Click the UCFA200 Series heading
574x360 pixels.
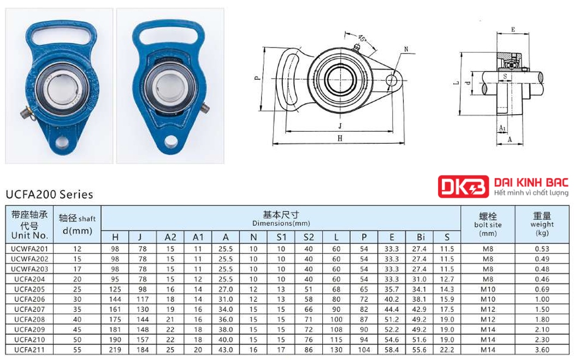coord(49,194)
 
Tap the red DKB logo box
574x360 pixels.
coord(464,187)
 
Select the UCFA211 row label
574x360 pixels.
coord(29,350)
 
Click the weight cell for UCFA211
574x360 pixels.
coord(542,350)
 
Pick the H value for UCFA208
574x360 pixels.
coord(115,320)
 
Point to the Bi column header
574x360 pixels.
coord(419,237)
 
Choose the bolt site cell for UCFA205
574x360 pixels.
coord(488,290)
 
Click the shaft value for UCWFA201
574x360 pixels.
coord(77,249)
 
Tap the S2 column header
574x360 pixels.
coord(309,237)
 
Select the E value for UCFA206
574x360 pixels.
coord(392,299)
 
